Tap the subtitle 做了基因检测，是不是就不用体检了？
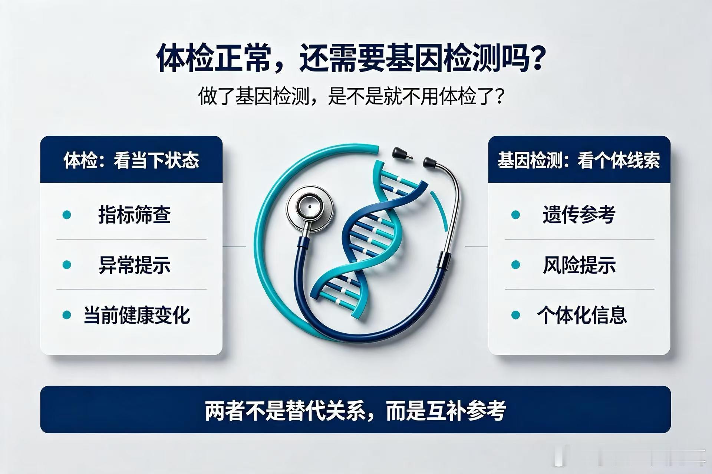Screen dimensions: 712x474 (x=351, y=96)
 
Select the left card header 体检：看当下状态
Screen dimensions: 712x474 (x=132, y=160)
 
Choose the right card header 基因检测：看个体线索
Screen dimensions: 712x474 (x=579, y=160)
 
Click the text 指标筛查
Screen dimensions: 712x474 (x=134, y=214)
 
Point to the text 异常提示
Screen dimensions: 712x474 (x=134, y=265)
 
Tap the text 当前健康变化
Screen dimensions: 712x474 (x=137, y=315)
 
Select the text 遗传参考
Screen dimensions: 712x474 (x=579, y=214)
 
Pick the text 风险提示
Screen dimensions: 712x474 (x=579, y=265)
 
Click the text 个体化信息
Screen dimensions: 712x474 (x=582, y=315)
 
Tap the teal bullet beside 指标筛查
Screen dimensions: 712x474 (x=67, y=214)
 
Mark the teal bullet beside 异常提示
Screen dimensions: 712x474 (x=67, y=265)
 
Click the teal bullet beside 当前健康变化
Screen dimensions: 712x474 (x=67, y=315)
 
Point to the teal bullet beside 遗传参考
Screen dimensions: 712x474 (x=515, y=214)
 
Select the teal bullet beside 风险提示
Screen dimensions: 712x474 (x=515, y=265)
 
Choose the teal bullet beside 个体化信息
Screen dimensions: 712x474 (x=515, y=315)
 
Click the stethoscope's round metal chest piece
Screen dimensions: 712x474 (x=309, y=208)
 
